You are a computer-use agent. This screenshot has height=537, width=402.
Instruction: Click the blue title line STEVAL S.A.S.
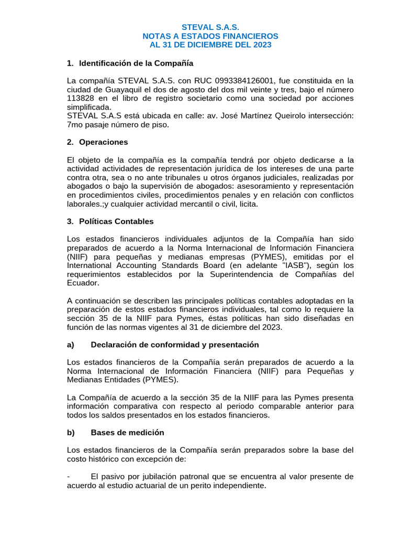click(210, 27)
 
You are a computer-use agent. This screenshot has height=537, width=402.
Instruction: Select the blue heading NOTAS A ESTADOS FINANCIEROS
click(210, 36)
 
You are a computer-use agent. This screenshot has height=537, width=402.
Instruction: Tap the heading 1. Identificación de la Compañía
click(130, 63)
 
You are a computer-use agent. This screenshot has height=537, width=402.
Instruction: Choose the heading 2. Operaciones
click(98, 142)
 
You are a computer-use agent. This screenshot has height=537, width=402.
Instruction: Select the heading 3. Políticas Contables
click(110, 221)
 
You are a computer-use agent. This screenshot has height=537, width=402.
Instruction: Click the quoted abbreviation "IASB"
click(283, 265)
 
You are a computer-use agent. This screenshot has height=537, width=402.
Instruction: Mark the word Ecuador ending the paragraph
click(82, 283)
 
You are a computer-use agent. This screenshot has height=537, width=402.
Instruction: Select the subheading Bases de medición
click(127, 433)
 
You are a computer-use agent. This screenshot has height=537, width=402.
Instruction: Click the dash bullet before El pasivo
click(69, 477)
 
